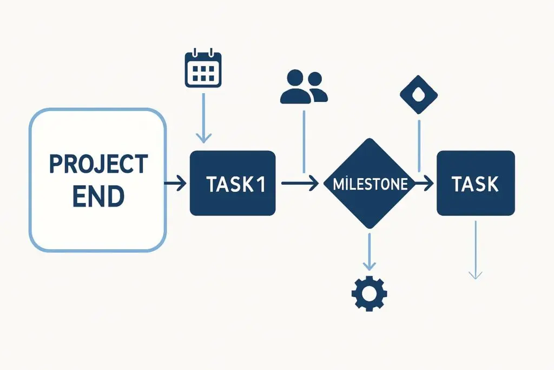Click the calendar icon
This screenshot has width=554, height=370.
coord(203,69)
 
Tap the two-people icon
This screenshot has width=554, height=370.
coord(304,87)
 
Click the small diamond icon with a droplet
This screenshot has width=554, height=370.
coord(419,94)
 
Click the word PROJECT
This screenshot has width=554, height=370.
coord(98,164)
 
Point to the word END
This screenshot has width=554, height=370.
coord(98,197)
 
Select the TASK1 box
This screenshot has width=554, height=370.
coord(233,183)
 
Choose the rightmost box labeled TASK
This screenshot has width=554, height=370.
coord(475,183)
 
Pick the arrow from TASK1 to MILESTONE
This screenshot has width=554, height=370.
coord(300,184)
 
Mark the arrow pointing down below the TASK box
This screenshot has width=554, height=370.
coord(475,249)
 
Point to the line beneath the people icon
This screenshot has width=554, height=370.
coord(304,141)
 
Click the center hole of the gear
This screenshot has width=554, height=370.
coord(369,294)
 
